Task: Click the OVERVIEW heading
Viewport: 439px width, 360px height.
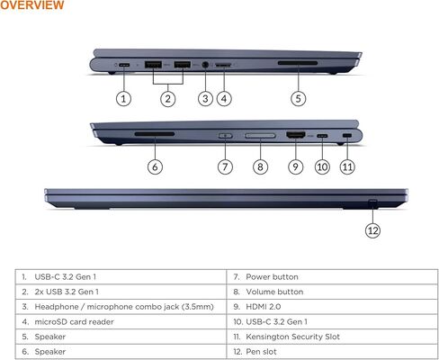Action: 32,6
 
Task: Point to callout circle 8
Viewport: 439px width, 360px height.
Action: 259,166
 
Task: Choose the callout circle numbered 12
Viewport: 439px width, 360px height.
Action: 372,229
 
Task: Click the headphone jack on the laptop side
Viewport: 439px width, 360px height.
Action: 206,65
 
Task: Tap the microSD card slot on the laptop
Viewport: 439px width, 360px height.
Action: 223,66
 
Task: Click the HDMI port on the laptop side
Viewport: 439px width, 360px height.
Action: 294,135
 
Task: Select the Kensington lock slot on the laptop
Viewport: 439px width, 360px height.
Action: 347,135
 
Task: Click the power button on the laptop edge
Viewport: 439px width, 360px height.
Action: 226,135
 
